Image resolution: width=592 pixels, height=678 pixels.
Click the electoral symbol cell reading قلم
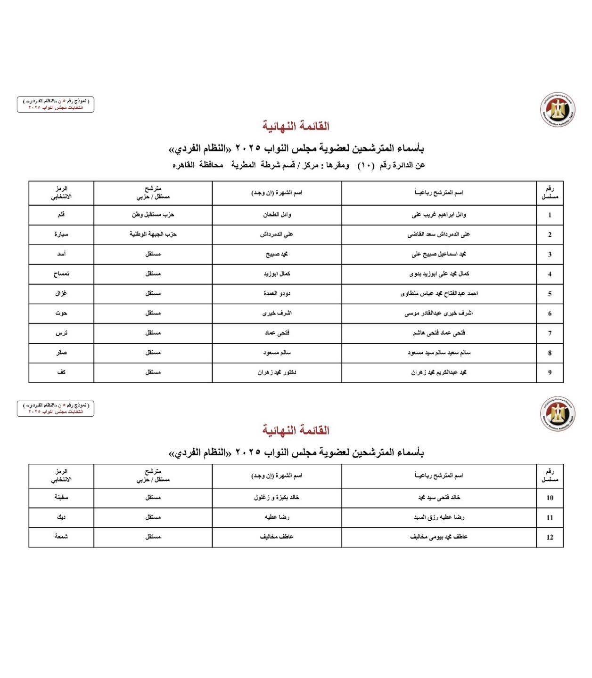pos(61,215)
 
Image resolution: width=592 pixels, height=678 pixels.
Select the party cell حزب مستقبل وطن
pos(153,215)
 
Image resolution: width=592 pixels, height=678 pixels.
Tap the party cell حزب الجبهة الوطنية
pos(153,234)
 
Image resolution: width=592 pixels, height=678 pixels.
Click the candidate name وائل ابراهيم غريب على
pos(438,215)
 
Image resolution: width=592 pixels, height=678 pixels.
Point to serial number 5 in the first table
pos(550,294)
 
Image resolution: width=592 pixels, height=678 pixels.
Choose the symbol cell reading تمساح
pos(61,274)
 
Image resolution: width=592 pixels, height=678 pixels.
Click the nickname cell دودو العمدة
pos(277,293)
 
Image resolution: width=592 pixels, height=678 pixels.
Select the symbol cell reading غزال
pos(61,293)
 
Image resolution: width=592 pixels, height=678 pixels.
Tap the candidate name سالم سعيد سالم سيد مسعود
pos(438,353)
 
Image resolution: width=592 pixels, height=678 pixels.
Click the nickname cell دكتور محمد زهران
pos(277,372)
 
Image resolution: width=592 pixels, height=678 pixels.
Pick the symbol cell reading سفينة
pos(61,497)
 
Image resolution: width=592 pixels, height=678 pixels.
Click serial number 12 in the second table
pos(550,537)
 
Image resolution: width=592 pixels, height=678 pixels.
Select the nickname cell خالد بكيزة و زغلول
pos(277,497)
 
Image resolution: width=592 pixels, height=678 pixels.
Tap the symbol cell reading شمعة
pos(61,537)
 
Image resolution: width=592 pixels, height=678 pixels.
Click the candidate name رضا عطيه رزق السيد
pos(438,517)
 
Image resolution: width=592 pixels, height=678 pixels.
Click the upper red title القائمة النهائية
pos(296,126)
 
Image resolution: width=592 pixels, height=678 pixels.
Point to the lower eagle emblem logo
pos(558,414)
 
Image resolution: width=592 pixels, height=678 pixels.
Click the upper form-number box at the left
pos(56,105)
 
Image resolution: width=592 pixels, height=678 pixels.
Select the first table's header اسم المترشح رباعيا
pos(438,193)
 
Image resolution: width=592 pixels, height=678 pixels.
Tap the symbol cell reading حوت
pos(61,313)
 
